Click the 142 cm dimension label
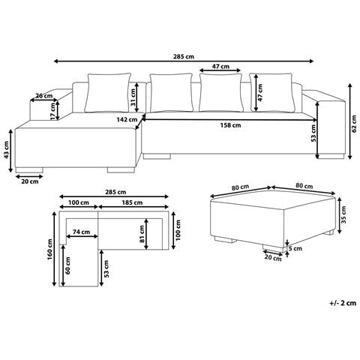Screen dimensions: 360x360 127,120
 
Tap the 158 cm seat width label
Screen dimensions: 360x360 230,125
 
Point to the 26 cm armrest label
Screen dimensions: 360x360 44,96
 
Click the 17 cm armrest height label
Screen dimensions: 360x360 52,111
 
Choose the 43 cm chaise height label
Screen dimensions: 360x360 6,150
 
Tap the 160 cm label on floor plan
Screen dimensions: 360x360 49,249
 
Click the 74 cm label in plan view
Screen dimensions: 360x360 81,232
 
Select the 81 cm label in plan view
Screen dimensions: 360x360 142,234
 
